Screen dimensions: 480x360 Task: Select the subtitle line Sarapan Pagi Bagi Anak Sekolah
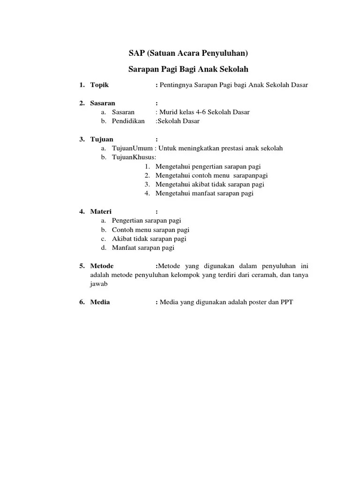click(x=188, y=69)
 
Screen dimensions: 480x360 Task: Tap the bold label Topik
click(x=99, y=85)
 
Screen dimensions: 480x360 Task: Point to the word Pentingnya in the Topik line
click(x=175, y=85)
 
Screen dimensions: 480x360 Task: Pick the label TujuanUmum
click(x=132, y=148)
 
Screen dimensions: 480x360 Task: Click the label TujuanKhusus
click(x=134, y=157)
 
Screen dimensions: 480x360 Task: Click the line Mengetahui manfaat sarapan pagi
click(x=204, y=193)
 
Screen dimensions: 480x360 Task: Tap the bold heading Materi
click(x=101, y=211)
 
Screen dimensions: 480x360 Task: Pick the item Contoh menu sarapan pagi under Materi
click(x=150, y=230)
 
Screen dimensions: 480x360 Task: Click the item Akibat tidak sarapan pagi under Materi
click(x=149, y=239)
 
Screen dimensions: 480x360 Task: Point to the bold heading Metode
click(x=102, y=266)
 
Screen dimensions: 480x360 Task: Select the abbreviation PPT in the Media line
click(x=286, y=302)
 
